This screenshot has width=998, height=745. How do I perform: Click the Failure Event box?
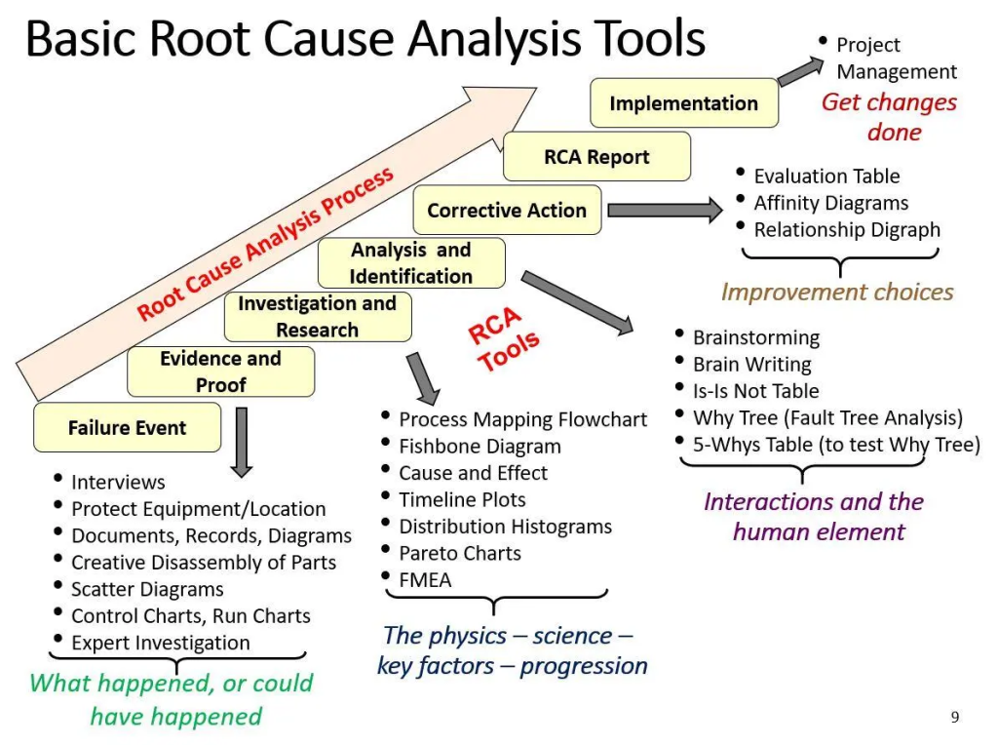tap(127, 428)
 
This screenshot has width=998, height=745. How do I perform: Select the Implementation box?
tap(683, 103)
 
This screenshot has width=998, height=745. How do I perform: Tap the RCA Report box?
tap(596, 157)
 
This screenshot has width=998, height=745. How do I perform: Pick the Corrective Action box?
tap(507, 211)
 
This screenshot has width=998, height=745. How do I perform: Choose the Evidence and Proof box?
tap(220, 372)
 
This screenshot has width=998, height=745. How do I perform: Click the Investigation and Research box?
tap(317, 317)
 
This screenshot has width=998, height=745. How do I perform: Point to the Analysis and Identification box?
tap(410, 263)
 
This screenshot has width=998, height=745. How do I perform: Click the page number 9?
tap(955, 717)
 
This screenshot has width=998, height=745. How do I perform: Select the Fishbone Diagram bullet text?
tap(480, 447)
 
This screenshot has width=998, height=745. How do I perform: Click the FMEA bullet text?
tap(425, 580)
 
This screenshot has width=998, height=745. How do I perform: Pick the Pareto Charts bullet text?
tap(460, 553)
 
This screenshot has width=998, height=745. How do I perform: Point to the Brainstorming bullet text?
tap(756, 337)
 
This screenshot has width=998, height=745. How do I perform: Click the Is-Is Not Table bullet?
tap(755, 391)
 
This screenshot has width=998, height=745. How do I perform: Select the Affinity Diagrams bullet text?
tap(830, 203)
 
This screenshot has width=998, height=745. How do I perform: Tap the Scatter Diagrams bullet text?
tap(147, 589)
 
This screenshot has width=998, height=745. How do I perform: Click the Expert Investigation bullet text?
tap(161, 643)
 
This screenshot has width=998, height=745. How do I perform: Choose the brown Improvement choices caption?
tap(837, 292)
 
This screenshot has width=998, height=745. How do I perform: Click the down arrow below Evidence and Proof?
tap(242, 442)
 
